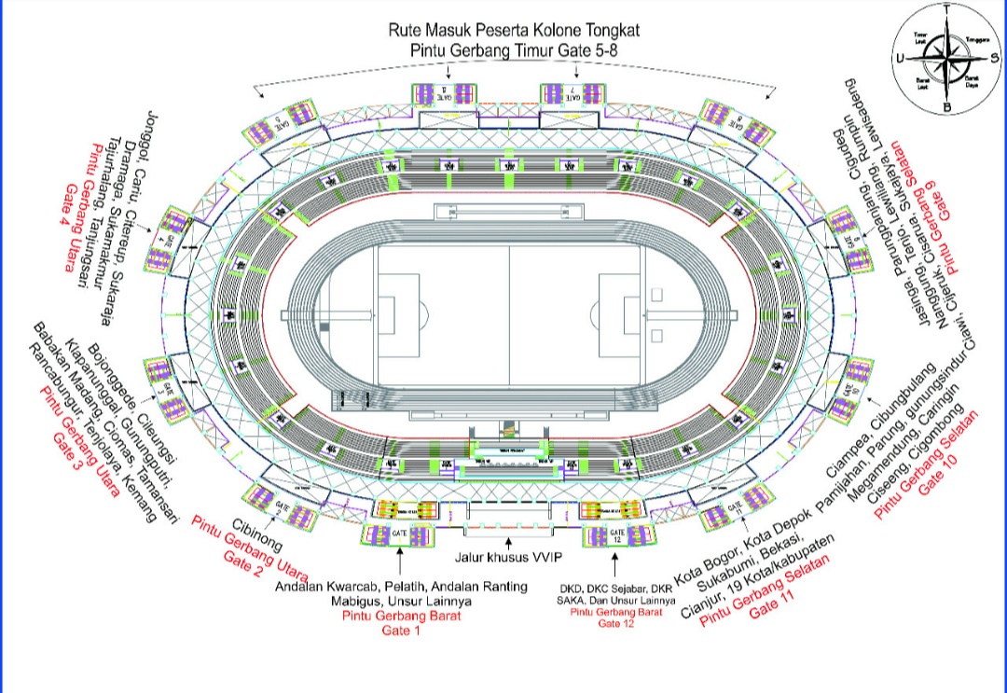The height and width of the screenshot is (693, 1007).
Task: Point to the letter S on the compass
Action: pyautogui.click(x=995, y=57)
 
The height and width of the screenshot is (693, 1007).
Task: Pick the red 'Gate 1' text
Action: pyautogui.click(x=402, y=631)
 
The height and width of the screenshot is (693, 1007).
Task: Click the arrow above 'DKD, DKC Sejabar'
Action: pyautogui.click(x=615, y=562)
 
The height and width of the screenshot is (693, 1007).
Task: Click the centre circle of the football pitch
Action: pyautogui.click(x=508, y=314)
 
